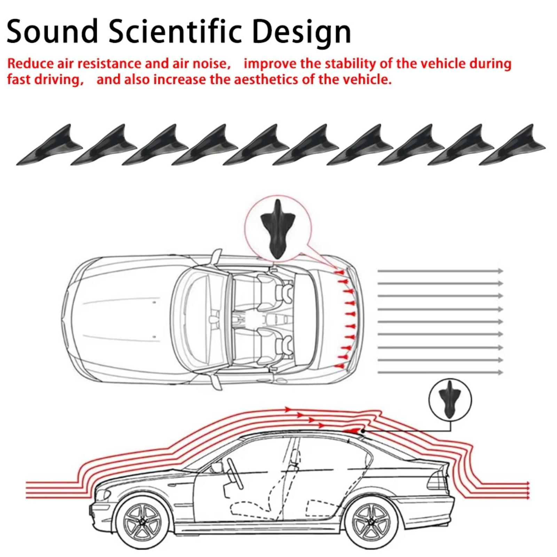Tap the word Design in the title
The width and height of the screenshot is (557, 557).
click(x=301, y=32)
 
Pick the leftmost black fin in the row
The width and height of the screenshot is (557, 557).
click(x=49, y=146)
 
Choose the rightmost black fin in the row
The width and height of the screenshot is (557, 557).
click(x=512, y=146)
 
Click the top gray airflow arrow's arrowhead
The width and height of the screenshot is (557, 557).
click(x=501, y=271)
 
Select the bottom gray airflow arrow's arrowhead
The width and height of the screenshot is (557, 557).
click(x=501, y=372)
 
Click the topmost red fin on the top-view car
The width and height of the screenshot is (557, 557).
click(x=339, y=272)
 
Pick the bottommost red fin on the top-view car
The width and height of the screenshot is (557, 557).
click(x=340, y=366)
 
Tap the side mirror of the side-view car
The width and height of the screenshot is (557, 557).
click(x=217, y=466)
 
